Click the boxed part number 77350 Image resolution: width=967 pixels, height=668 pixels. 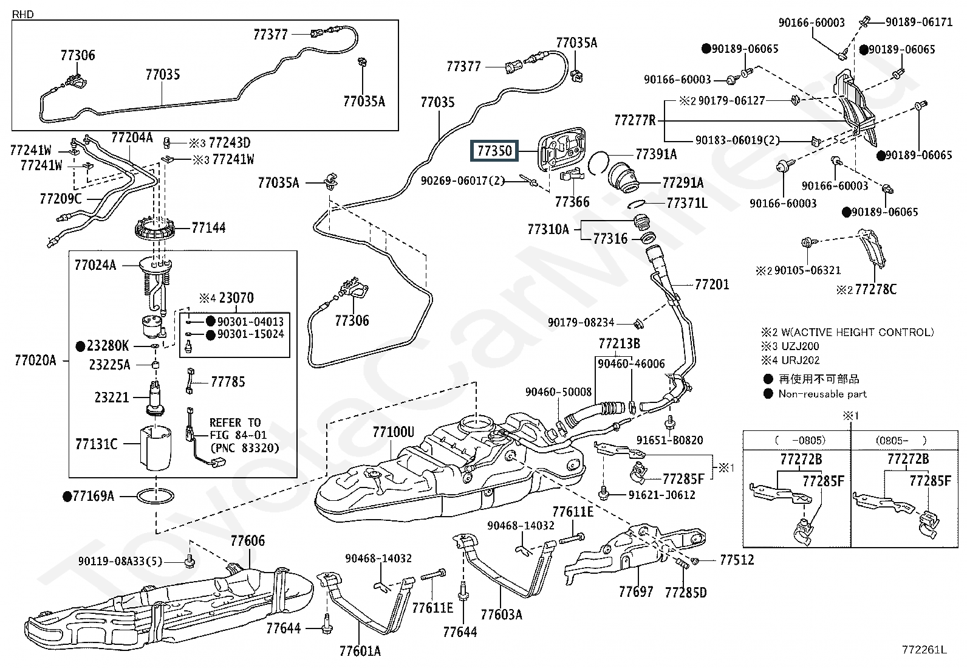pos(494,150)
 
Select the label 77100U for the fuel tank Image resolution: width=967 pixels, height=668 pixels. pos(393,432)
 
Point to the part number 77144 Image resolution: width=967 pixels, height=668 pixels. pos(208,228)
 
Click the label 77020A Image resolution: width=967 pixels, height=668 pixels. pos(35,360)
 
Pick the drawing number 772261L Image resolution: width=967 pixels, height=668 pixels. pos(924,650)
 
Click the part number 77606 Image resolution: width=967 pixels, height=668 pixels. pos(247,541)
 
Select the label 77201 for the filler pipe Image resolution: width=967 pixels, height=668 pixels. pos(712,284)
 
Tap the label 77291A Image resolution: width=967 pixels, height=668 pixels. pos(683,182)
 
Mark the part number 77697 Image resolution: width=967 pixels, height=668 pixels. pos(636,591)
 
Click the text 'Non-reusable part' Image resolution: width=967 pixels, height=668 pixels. pos(822,394)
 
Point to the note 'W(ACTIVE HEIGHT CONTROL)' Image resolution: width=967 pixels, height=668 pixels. pos(856,332)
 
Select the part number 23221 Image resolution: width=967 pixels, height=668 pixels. pos(112,398)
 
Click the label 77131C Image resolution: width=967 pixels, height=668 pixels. pos(96,444)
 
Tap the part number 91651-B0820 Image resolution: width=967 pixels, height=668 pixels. pos(670,440)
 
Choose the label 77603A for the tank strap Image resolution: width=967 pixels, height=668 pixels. pos(501,615)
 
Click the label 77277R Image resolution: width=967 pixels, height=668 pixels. pos(635,120)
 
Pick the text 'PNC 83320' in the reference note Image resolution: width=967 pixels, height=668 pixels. pos(244,448)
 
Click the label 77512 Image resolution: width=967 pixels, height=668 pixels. pos(737,560)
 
